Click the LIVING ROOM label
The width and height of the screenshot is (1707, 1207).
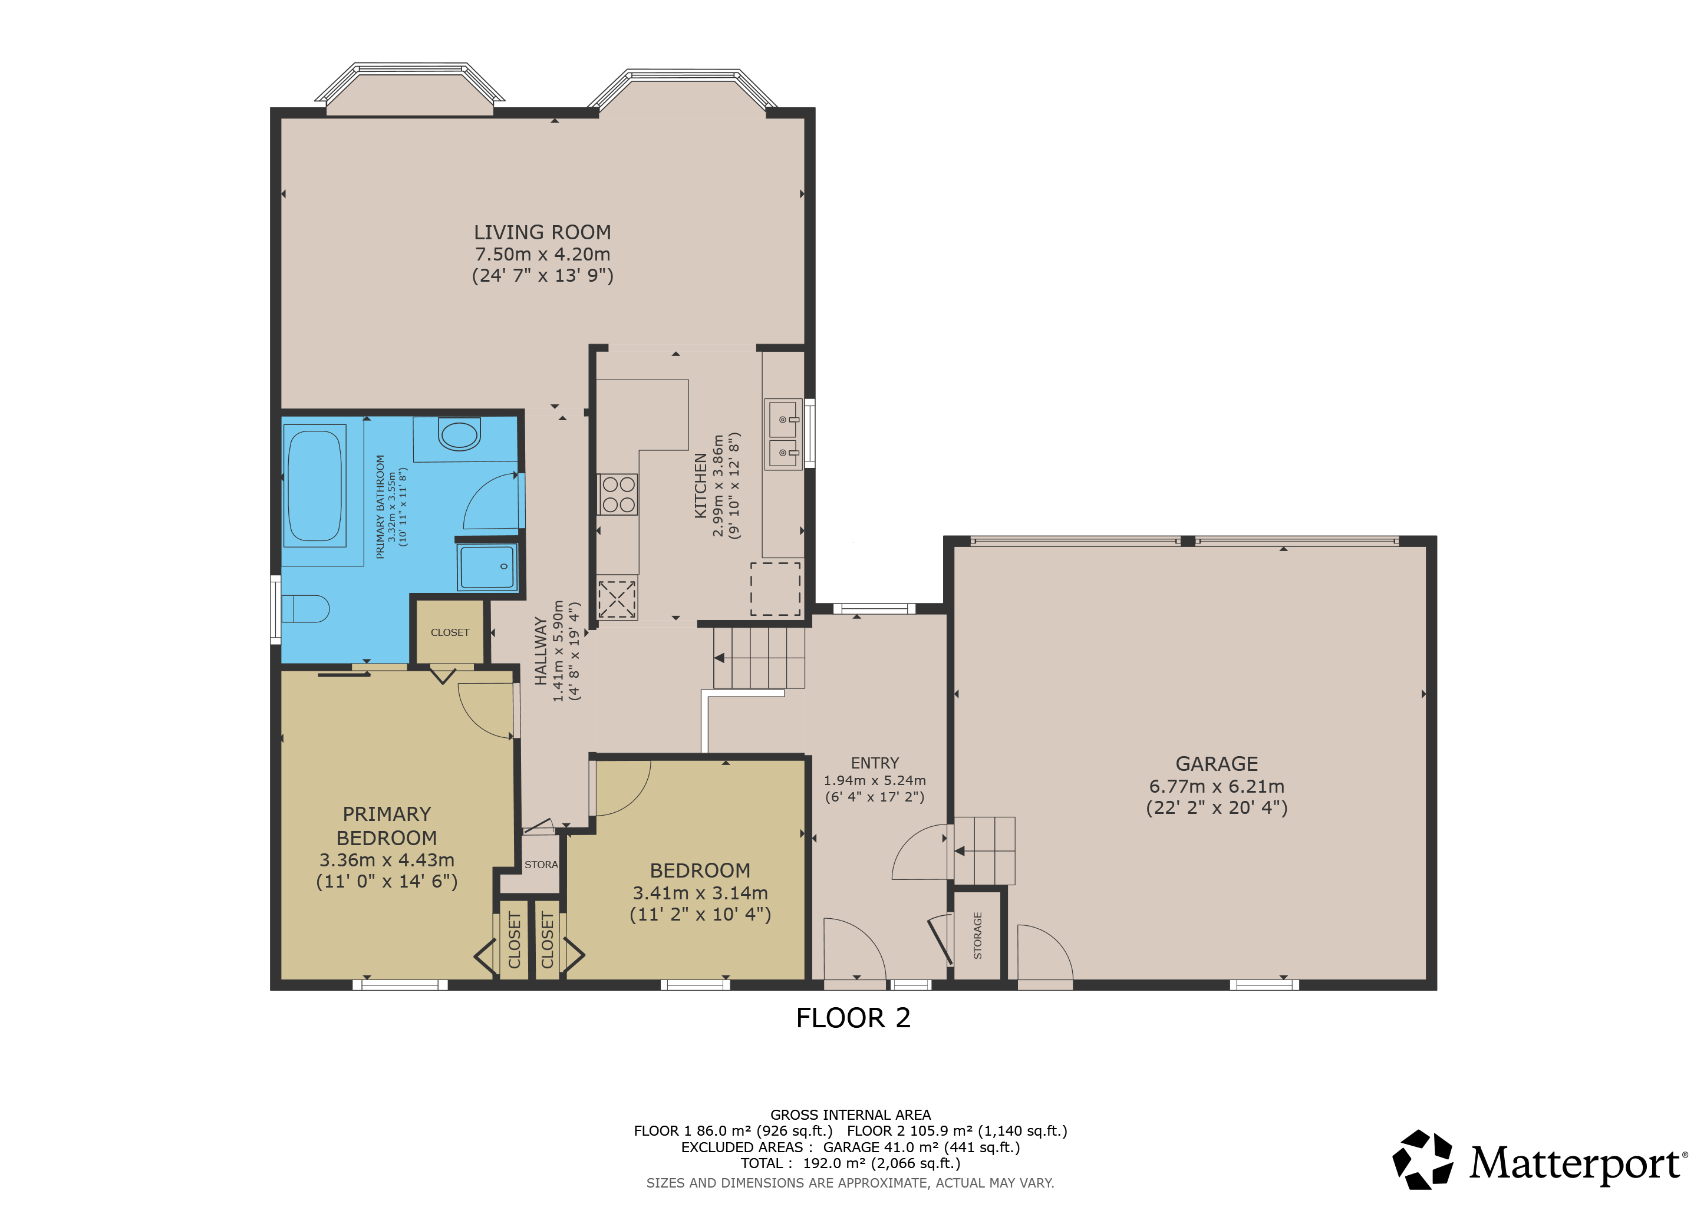[x=542, y=233]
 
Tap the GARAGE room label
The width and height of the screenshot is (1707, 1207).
[x=1217, y=764]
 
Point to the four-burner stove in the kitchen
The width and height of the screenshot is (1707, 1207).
[x=618, y=494]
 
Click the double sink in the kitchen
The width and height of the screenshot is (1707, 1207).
[x=783, y=435]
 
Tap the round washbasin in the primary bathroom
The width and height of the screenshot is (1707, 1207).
[x=459, y=435]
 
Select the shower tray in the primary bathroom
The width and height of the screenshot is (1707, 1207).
[x=487, y=567]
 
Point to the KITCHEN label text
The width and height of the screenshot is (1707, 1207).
[x=700, y=485]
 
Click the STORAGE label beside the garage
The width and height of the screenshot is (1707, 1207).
[x=978, y=936]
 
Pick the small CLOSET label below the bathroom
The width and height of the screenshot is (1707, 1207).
[x=450, y=632]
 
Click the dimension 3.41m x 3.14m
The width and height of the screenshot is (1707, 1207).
[x=700, y=893]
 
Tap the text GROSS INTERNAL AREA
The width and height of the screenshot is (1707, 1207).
[x=851, y=1115]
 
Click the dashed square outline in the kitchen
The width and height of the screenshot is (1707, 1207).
[x=776, y=589]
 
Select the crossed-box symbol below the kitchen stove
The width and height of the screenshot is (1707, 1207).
[x=617, y=599]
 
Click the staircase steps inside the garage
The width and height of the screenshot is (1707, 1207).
[x=984, y=851]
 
